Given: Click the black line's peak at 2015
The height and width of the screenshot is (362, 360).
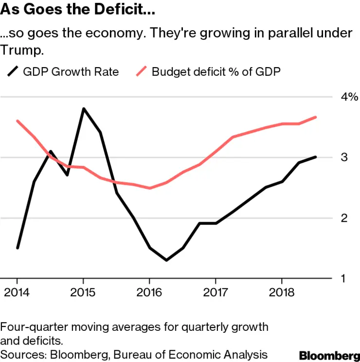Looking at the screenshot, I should [x=83, y=109].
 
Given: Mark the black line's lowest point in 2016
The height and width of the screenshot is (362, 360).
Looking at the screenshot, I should [x=166, y=260].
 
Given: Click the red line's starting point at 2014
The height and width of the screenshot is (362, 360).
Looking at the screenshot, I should [x=18, y=121].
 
